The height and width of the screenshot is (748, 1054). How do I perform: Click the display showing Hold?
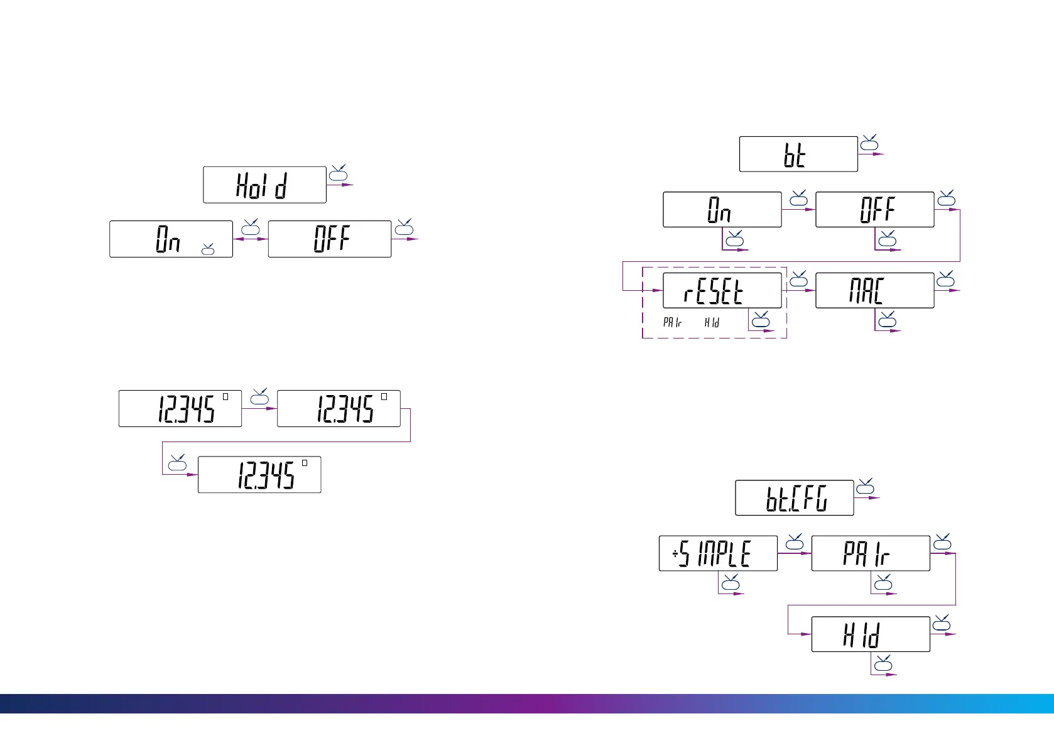pos(264,185)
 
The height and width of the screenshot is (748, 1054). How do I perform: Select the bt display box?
pos(798,154)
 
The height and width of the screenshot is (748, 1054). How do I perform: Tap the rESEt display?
pos(722,290)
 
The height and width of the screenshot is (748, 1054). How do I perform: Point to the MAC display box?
pos(874,290)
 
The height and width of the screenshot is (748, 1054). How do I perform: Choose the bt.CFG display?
pos(794,498)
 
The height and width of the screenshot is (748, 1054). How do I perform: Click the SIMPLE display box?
pos(718,553)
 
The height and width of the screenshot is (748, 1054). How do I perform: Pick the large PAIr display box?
pos(870,553)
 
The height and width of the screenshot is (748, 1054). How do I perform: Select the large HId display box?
pos(870,634)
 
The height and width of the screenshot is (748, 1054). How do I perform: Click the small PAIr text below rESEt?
pos(672,322)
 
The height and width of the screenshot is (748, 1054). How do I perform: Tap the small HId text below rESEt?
pos(712,322)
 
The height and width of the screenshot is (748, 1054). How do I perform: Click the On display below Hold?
pos(171,239)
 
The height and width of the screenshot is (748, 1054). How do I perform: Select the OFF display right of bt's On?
pos(874,210)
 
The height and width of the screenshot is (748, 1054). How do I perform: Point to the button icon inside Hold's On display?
pos(208,250)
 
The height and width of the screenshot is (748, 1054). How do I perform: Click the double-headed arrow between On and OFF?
pos(250,239)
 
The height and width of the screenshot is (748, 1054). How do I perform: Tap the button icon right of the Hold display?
pos(338,173)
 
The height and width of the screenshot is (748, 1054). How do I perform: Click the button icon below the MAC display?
pos(887,321)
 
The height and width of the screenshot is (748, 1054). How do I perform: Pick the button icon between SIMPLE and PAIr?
pos(795,542)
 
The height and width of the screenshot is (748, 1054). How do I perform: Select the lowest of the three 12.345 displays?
pos(259,475)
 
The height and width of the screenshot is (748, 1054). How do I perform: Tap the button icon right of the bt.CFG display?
pos(866,487)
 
